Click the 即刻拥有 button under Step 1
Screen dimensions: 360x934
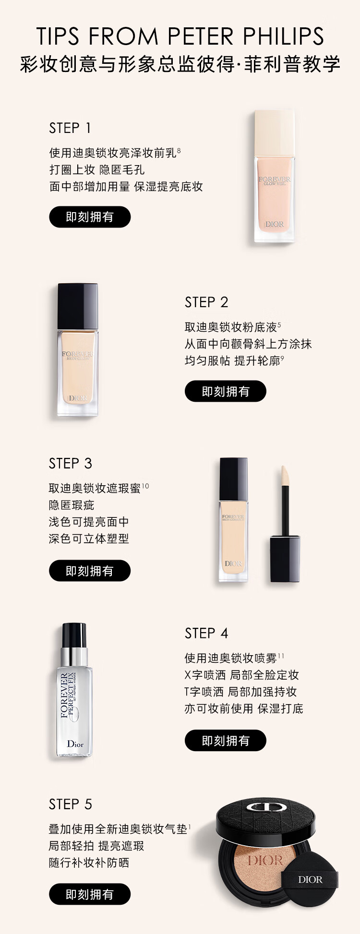tap(90, 217)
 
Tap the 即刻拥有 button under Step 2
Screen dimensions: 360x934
tap(226, 391)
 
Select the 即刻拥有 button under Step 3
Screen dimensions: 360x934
tap(90, 571)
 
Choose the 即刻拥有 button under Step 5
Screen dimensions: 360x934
tap(90, 894)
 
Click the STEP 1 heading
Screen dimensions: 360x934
tap(70, 128)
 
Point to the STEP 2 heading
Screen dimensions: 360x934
tap(206, 302)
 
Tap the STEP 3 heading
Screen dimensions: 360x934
tap(70, 464)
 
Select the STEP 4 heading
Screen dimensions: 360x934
tap(206, 634)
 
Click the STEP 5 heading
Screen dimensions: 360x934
tap(70, 804)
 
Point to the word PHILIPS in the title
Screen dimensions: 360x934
tap(283, 36)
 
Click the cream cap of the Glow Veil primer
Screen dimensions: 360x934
tap(274, 133)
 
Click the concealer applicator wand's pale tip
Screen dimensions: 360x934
tap(284, 476)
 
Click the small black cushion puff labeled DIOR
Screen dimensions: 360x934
tap(310, 880)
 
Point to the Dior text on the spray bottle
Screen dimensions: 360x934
tap(75, 744)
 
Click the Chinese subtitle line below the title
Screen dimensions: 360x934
tap(180, 64)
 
